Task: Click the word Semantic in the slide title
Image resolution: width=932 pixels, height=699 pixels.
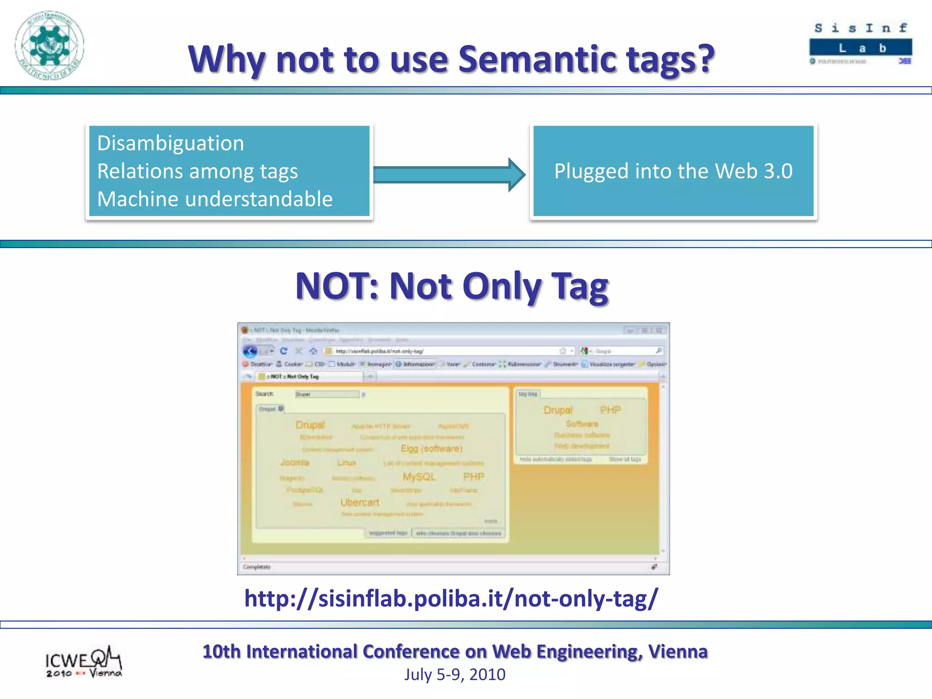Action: [x=535, y=59]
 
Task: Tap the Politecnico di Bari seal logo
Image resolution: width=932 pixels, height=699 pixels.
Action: [x=49, y=45]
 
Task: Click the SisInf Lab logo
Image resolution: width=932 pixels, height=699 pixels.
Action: [x=860, y=44]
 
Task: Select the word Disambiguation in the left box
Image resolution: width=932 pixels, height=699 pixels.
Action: [x=171, y=143]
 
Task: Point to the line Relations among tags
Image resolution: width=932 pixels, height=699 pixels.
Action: [x=198, y=172]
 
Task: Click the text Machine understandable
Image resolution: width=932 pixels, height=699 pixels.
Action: [x=215, y=199]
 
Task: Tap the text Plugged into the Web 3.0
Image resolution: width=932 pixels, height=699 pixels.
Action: [x=673, y=172]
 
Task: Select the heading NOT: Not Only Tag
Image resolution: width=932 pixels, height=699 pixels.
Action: [x=451, y=286]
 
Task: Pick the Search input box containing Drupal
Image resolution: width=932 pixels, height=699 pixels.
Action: [x=326, y=394]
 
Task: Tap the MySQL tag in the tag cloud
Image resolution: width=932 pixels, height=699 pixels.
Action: [x=419, y=476]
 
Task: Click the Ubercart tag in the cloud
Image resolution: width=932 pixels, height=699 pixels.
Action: [x=360, y=502]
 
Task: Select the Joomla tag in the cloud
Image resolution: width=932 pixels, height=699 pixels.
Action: [x=294, y=462]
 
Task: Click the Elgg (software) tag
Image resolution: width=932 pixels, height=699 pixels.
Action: [x=431, y=449]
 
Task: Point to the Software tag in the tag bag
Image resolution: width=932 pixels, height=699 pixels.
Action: [x=582, y=424]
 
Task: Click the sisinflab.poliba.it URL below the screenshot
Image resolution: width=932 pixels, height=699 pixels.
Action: [x=451, y=598]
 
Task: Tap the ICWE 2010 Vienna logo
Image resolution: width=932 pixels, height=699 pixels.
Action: [x=83, y=662]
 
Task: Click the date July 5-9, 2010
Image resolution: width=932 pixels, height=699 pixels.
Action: [x=455, y=674]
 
